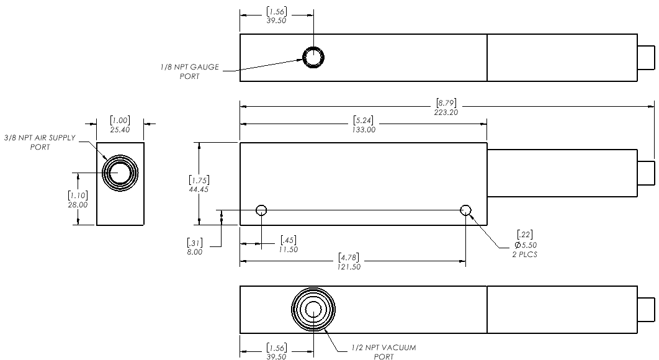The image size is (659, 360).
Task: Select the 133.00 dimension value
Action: tap(363, 130)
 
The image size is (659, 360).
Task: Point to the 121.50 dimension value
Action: tap(349, 266)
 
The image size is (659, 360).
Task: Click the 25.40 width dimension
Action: tap(120, 130)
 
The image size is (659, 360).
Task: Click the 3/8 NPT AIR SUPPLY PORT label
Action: tap(40, 142)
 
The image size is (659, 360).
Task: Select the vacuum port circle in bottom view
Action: tap(313, 310)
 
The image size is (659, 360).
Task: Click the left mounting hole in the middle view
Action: tap(261, 210)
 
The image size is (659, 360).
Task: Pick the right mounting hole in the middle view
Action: tap(466, 210)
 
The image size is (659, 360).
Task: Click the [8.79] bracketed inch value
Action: tap(448, 102)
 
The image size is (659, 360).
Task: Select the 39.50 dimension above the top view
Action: tap(276, 19)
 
